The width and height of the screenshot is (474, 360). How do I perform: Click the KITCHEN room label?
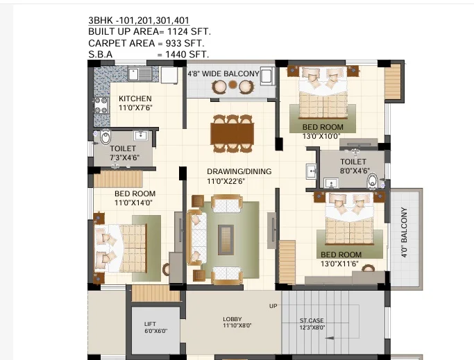point(135,98)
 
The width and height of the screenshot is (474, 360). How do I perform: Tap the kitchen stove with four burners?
point(101,105)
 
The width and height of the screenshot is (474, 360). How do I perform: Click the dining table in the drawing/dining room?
point(232,134)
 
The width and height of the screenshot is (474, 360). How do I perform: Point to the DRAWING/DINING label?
point(239,171)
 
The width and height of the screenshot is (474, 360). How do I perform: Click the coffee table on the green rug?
point(226,240)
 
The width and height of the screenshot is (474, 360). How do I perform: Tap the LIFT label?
point(150,324)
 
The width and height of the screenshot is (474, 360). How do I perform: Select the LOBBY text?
point(232,319)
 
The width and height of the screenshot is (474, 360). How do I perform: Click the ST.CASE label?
point(312,320)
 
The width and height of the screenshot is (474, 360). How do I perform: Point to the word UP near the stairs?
point(273,306)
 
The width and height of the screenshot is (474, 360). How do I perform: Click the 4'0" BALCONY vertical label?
point(404,232)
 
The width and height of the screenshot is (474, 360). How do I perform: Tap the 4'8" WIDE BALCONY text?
point(223,74)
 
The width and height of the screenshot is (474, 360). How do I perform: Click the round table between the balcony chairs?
point(232,85)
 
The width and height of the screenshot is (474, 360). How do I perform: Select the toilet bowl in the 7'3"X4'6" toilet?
point(105,137)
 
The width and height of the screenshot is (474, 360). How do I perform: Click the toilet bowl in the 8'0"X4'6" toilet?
point(373,181)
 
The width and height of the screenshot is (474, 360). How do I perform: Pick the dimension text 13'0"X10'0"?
point(321,137)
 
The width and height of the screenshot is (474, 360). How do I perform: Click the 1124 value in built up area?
point(178,31)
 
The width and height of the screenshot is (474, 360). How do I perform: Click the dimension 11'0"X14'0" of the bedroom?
point(133,203)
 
